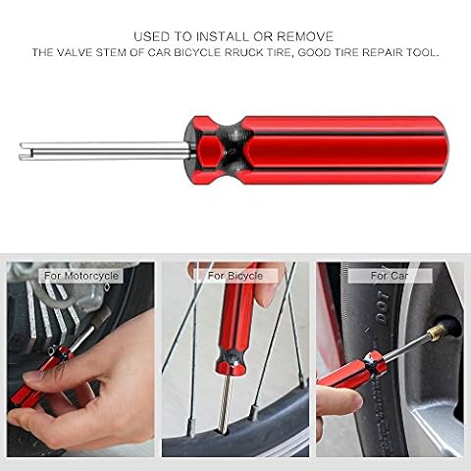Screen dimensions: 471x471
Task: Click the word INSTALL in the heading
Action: click(223, 36)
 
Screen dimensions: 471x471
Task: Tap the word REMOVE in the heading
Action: click(305, 36)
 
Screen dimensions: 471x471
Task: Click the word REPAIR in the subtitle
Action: click(383, 53)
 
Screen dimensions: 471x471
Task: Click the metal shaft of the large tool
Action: click(105, 151)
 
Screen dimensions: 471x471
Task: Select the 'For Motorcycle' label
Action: click(81, 276)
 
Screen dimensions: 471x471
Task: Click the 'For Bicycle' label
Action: click(235, 276)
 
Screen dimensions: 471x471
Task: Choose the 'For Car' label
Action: click(390, 276)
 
